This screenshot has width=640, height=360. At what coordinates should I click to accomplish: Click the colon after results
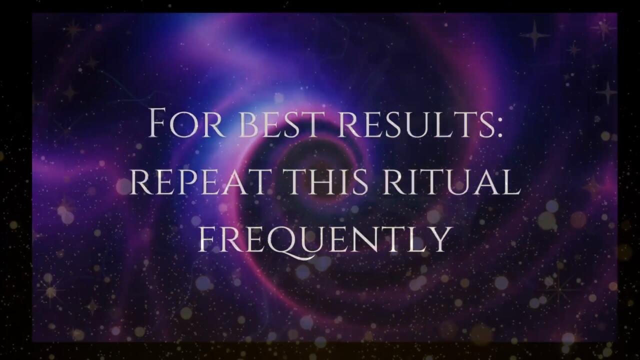tap(499, 130)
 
